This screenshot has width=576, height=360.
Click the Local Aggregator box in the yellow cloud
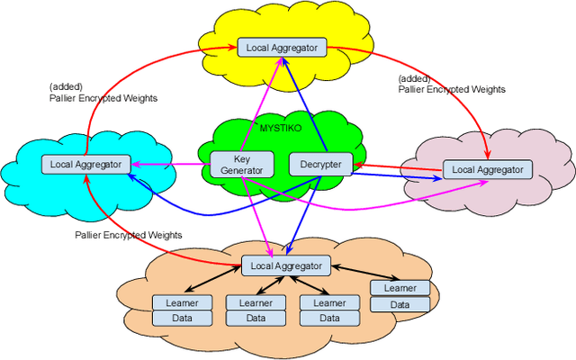point(281,47)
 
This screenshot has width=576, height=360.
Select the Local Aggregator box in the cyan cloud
point(85,164)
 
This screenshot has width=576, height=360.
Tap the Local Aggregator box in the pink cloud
point(487,168)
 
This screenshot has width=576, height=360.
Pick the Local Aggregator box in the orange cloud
point(285,265)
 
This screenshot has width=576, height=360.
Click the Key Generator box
point(237,164)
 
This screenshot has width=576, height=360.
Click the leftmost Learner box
point(182,302)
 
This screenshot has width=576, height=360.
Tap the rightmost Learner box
point(400,288)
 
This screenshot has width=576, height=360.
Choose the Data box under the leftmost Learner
point(182,318)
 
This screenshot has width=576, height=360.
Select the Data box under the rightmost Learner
point(400,304)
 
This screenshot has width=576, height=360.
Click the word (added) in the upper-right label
point(415,78)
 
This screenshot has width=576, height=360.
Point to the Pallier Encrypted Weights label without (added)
point(128,235)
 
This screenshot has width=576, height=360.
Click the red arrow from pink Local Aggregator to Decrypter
point(396,166)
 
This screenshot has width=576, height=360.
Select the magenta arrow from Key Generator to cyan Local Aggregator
point(171,164)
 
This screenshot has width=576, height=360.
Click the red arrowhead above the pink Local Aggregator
point(488,153)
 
